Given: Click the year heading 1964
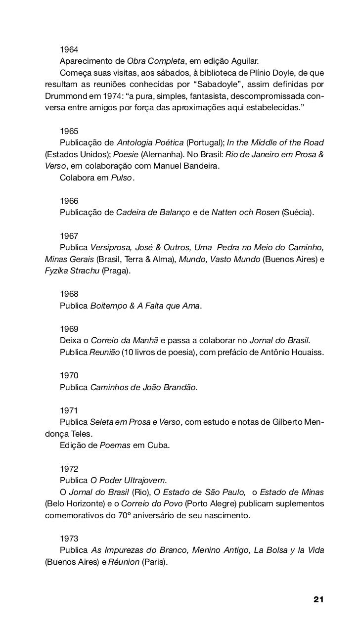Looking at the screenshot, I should (69, 50).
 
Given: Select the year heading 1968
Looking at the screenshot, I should (69, 294).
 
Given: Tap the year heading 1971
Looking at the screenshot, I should (69, 410).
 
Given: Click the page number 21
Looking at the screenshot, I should (318, 599).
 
